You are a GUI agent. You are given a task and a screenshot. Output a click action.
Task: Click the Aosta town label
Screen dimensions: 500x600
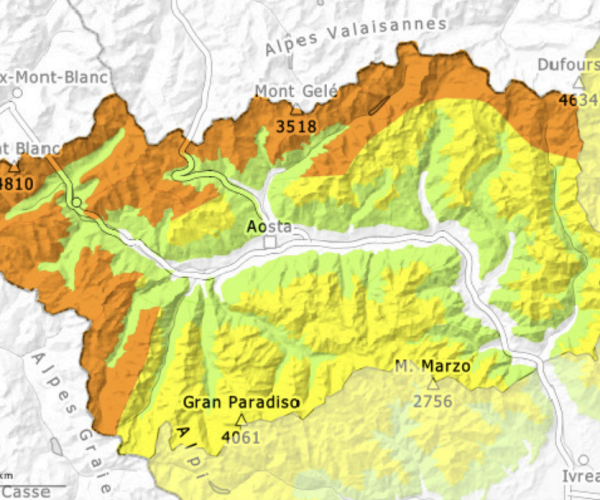[269, 227]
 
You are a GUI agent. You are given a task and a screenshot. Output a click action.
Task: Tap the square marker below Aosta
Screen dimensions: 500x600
[269, 243]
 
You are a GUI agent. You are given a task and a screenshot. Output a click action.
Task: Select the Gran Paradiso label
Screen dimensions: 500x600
[241, 403]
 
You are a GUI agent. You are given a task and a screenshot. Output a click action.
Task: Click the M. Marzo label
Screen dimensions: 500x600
[432, 366]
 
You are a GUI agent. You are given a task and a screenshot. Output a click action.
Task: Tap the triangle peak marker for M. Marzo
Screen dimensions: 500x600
[433, 383]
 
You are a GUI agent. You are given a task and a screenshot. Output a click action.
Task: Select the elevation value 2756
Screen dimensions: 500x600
[433, 400]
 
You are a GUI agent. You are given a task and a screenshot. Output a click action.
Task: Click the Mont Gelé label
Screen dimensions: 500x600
[297, 91]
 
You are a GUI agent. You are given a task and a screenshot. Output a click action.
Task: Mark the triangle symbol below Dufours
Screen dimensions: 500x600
[578, 83]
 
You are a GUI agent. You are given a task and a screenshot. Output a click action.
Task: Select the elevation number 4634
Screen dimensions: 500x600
[578, 100]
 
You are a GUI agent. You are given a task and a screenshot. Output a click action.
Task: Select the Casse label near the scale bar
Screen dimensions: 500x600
[24, 492]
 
